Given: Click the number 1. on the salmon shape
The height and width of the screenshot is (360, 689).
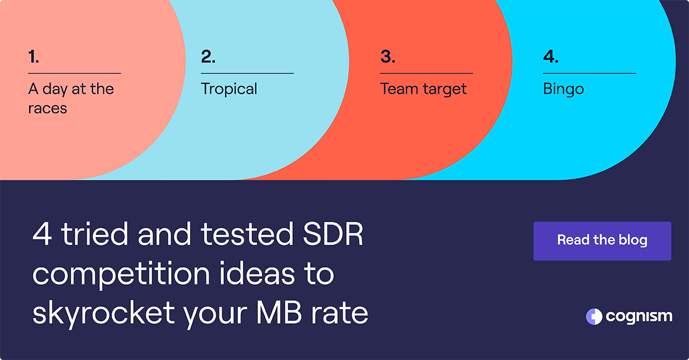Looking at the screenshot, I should pyautogui.click(x=34, y=57).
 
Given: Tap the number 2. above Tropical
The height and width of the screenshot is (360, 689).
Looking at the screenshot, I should pyautogui.click(x=208, y=57).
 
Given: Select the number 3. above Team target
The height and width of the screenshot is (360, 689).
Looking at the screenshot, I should pyautogui.click(x=388, y=57).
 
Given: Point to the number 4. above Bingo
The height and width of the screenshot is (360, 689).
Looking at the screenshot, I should pyautogui.click(x=551, y=57).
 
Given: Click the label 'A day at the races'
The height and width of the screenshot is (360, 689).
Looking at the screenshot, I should pyautogui.click(x=71, y=98).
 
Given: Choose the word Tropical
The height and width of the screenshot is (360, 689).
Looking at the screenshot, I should pyautogui.click(x=229, y=90).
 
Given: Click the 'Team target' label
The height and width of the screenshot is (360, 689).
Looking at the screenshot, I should pyautogui.click(x=423, y=89).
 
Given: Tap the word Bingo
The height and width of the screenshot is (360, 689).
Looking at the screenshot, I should pyautogui.click(x=563, y=90).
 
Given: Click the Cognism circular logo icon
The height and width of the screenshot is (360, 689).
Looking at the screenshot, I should pyautogui.click(x=594, y=316).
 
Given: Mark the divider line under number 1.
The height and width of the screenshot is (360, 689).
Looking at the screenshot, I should pyautogui.click(x=74, y=73).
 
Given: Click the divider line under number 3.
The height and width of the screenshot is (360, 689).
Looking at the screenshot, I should pyautogui.click(x=426, y=73).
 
